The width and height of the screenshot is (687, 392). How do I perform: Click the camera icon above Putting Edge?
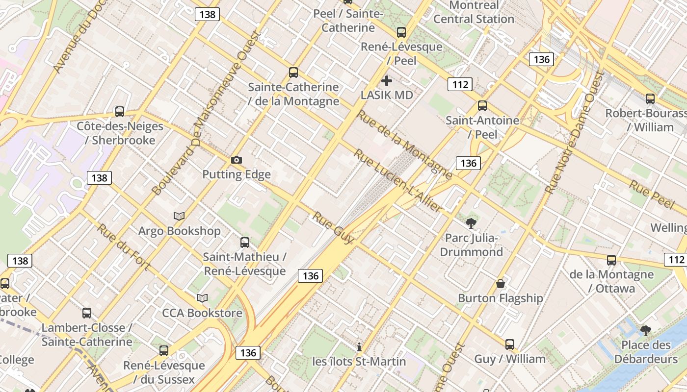236,160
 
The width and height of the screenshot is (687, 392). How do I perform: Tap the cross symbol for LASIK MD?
387,80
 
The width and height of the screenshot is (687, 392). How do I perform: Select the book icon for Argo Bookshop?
179,216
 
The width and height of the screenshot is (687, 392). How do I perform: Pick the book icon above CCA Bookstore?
202,298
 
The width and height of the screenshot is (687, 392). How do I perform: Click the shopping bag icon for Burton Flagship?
501,283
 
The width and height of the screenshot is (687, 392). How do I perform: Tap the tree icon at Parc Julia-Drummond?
471,223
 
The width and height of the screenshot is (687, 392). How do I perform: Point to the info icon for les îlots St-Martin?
359,347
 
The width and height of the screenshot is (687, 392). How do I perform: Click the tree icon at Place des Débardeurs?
646,331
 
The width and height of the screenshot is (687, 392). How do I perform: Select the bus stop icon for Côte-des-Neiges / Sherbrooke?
120,111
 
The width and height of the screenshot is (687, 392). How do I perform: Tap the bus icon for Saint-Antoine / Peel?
482,105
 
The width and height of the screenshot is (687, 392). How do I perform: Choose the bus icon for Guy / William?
510,344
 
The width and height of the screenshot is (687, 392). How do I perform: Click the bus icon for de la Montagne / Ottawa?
611,260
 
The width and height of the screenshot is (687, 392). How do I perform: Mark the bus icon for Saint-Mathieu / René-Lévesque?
244,242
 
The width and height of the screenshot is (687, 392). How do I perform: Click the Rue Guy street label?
334,228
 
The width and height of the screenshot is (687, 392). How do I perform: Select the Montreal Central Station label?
474,13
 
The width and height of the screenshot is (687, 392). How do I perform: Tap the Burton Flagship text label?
501,298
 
